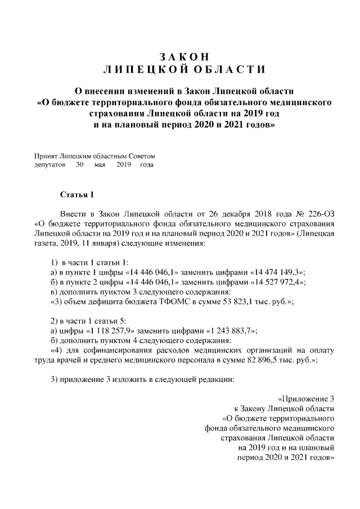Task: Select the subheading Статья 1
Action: click(76, 195)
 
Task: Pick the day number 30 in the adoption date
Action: click(80, 165)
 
